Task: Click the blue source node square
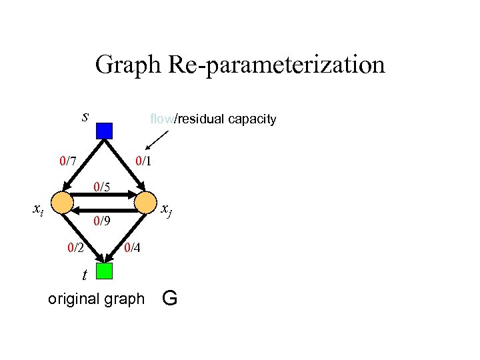(104, 130)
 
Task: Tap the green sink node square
(104, 271)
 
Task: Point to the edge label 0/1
(143, 161)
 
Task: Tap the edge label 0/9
(102, 221)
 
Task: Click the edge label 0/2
(75, 248)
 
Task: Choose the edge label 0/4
(133, 248)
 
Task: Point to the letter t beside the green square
(84, 274)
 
